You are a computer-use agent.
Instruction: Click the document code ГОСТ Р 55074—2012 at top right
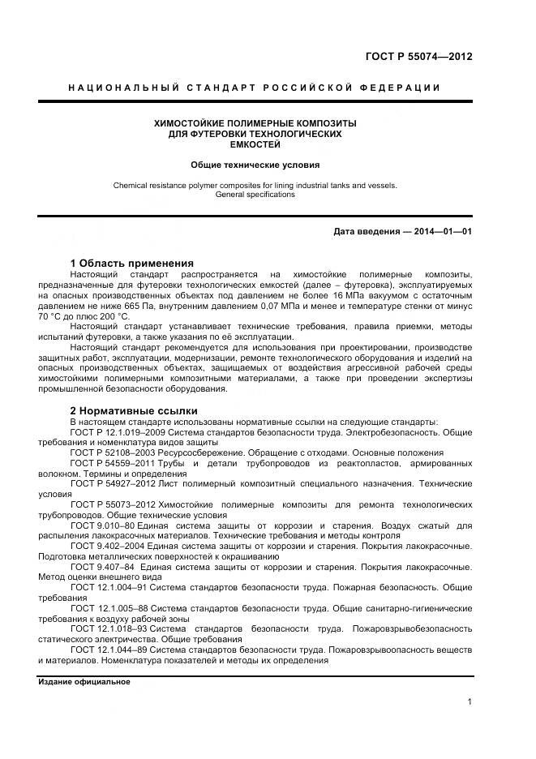coord(421,56)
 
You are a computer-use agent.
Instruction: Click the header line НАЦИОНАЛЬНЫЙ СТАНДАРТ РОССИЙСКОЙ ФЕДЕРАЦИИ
coord(255,88)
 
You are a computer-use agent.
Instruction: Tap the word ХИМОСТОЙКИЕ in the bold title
coord(195,123)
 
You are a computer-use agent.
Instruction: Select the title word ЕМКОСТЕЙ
coord(255,144)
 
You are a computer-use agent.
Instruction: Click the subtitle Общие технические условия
coord(255,164)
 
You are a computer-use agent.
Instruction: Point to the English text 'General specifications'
coord(255,195)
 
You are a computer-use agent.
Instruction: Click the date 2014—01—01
coord(441,232)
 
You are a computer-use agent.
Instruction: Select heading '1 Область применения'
coord(132,264)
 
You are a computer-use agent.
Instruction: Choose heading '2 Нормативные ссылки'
coord(134,411)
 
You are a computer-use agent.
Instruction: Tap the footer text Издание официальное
coord(84,682)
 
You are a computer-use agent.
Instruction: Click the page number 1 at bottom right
coord(470,702)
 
